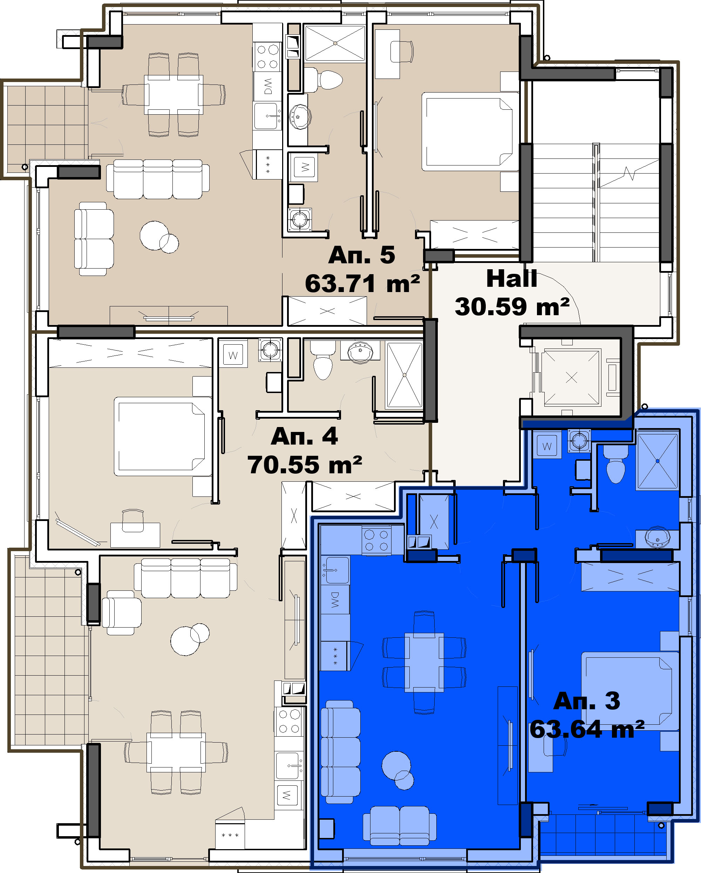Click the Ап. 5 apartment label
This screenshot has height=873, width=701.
coord(361,255)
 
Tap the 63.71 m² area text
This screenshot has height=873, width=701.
coord(362,283)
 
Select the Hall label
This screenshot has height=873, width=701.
coord(512,279)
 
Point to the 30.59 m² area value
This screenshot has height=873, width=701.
coord(512,306)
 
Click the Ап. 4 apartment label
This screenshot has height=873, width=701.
coord(304,436)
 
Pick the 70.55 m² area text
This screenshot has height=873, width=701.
coord(304,465)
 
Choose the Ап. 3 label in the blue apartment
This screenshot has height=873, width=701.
coord(586,701)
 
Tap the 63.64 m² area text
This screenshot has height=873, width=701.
coord(587,729)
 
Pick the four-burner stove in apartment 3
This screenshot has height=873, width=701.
coord(376,541)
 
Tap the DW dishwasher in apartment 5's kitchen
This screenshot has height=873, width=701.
coord(267,86)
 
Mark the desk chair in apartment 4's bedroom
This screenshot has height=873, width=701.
coord(133,520)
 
